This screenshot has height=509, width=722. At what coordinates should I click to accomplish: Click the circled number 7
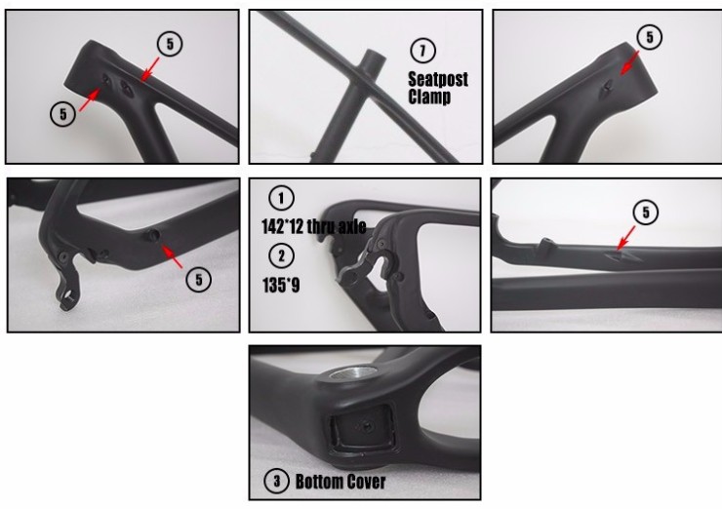[x=422, y=51]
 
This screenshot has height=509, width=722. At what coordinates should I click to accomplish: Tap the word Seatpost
[x=438, y=79]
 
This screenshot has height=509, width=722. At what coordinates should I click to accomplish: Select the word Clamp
[x=429, y=97]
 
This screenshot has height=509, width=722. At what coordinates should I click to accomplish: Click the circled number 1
[x=281, y=198]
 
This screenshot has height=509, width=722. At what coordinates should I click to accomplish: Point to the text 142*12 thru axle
[x=314, y=226]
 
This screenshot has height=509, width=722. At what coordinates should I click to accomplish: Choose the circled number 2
[x=281, y=255]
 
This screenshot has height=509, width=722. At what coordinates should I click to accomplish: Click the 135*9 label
[x=281, y=285]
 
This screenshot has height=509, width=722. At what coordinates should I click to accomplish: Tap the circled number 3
[x=276, y=482]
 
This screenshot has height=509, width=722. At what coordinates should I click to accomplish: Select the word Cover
[x=366, y=482]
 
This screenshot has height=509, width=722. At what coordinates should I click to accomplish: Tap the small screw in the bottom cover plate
[x=368, y=426]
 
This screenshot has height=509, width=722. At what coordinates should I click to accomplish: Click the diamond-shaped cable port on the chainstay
[x=622, y=255]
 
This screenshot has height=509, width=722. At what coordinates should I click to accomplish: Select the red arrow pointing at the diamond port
[x=626, y=238]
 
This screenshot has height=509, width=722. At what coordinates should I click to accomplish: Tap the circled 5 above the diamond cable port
[x=646, y=213]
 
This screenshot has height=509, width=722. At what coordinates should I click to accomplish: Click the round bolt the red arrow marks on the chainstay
[x=152, y=236]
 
